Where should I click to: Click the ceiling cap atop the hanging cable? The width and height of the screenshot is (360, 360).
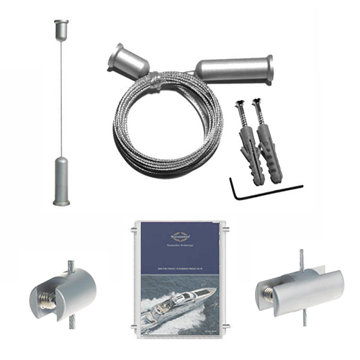click(x=60, y=30)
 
